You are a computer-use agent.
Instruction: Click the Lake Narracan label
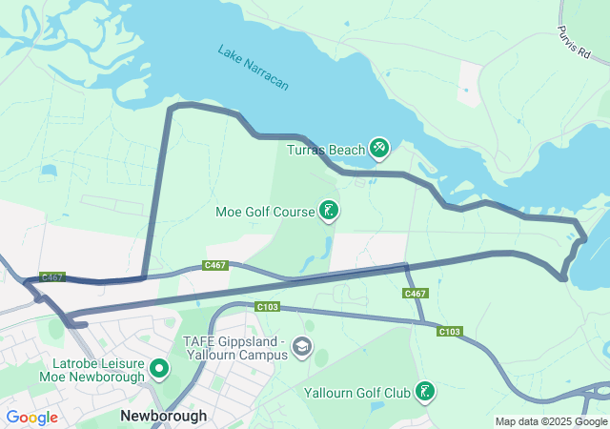tap(253, 67)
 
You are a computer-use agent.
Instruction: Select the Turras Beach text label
tap(326, 150)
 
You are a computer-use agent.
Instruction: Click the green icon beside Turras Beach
tap(380, 147)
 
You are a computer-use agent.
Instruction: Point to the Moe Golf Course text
tap(265, 211)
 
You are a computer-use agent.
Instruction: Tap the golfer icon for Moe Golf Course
tap(329, 211)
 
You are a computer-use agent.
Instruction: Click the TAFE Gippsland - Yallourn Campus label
tap(235, 348)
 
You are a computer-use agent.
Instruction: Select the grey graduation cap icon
tap(302, 345)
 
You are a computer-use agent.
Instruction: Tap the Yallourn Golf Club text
tap(356, 392)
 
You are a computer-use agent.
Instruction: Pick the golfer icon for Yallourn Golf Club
tap(425, 391)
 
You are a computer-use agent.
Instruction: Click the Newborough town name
tap(163, 417)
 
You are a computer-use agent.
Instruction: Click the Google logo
tap(31, 417)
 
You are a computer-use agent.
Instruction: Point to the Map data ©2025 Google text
tap(550, 421)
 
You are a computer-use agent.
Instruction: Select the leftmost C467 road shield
tap(52, 277)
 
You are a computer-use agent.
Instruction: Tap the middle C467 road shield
tap(215, 265)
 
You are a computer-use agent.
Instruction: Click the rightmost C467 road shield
tap(415, 294)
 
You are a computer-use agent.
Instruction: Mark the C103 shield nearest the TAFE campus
tap(267, 307)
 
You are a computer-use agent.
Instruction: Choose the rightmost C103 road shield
tap(450, 332)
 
